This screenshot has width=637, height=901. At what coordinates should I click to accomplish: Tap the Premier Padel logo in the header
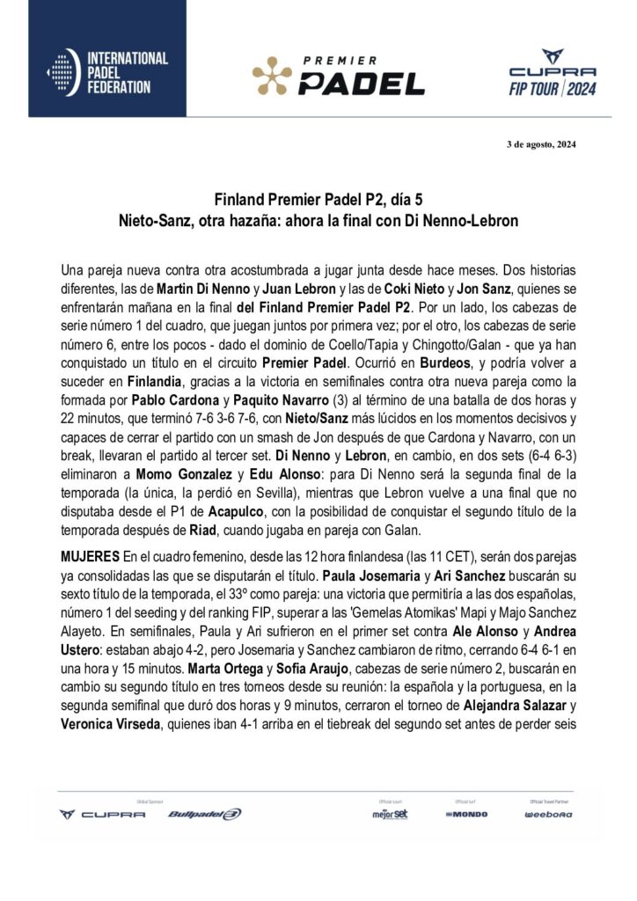pyautogui.click(x=339, y=76)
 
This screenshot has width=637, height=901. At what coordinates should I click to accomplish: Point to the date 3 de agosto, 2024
pyautogui.click(x=544, y=144)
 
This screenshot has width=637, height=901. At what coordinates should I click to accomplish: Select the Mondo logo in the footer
pyautogui.click(x=466, y=814)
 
